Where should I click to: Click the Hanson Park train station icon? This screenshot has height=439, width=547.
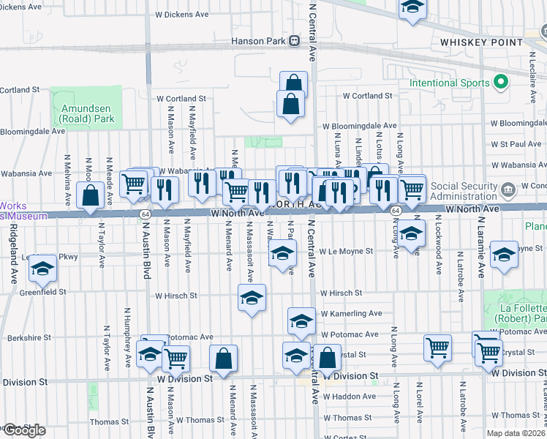pos(294,42)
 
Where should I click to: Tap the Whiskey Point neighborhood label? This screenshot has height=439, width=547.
pos(471,42)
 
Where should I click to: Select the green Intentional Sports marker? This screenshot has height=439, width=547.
pos(501,83)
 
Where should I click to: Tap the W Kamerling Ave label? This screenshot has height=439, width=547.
pos(351,313)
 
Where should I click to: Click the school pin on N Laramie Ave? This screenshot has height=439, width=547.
pos(504,255)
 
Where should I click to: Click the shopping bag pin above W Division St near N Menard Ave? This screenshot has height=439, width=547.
pos(223,358)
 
